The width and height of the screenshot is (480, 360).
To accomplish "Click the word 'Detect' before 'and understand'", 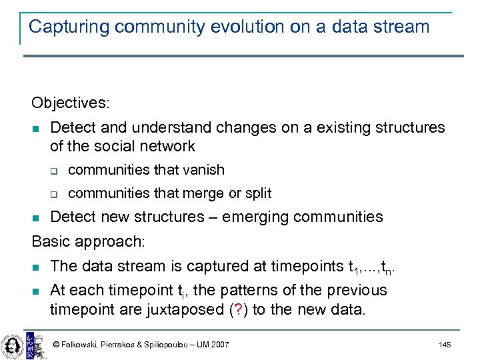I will pyautogui.click(x=73, y=127).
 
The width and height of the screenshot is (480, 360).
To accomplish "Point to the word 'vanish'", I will pyautogui.click(x=203, y=170).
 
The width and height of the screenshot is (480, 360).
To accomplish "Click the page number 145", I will pyautogui.click(x=445, y=345).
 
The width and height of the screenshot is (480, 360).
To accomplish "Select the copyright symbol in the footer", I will pyautogui.click(x=57, y=345).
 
